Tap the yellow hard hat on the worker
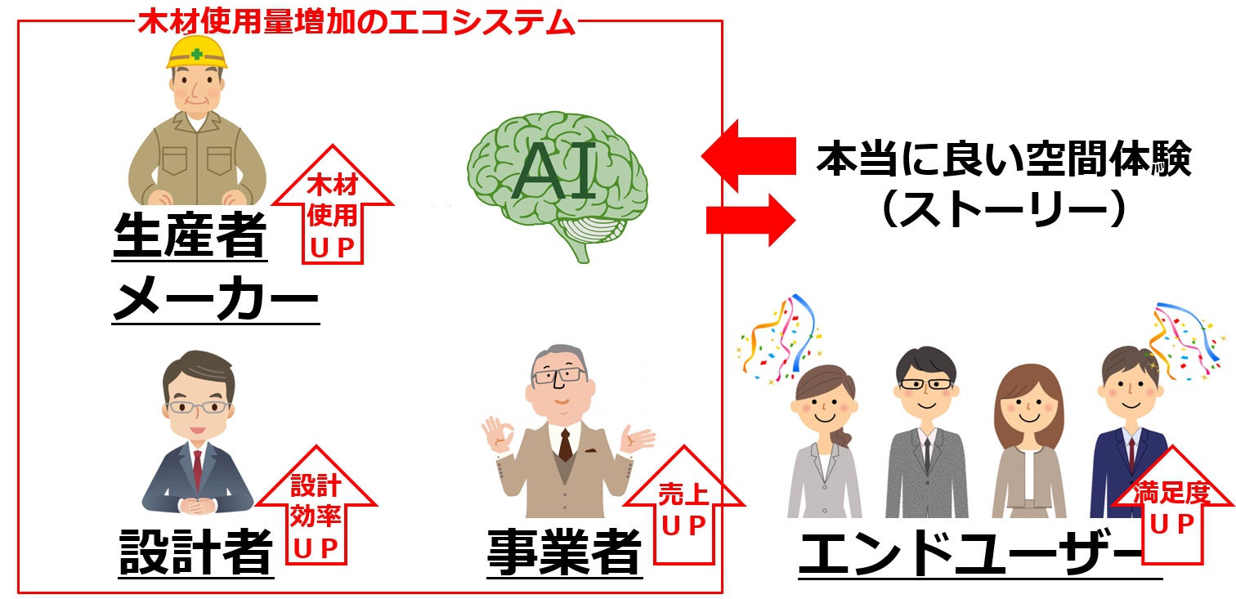pos(196,51)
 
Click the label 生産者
pos(190,235)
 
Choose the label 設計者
pos(196,552)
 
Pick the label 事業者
pos(564,553)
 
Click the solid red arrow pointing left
pos(748,155)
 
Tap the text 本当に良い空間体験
pos(1004,159)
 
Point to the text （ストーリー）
pos(1004,209)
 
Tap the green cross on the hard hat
pos(196,54)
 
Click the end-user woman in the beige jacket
pos(1028,445)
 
